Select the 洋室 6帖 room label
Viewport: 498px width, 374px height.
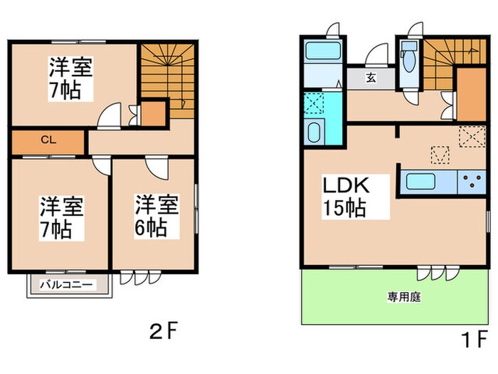pyautogui.click(x=152, y=216)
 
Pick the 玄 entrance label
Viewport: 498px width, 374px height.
pyautogui.click(x=372, y=78)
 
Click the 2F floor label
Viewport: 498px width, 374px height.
pyautogui.click(x=161, y=331)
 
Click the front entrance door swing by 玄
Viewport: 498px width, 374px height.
pyautogui.click(x=376, y=56)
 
